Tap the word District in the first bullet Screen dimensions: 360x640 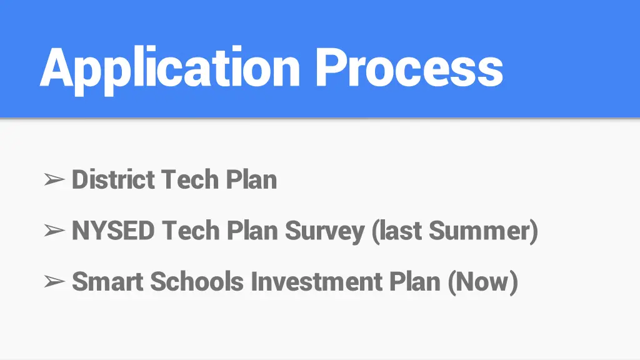[x=113, y=180]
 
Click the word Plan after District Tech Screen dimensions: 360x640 [x=251, y=180]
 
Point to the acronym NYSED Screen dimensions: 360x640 [x=113, y=231]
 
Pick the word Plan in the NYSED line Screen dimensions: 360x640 [x=252, y=231]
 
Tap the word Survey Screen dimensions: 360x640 [x=325, y=231]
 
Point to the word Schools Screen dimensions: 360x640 [x=197, y=282]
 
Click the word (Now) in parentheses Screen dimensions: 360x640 [x=482, y=282]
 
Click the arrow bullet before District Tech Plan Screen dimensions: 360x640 [x=55, y=181]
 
